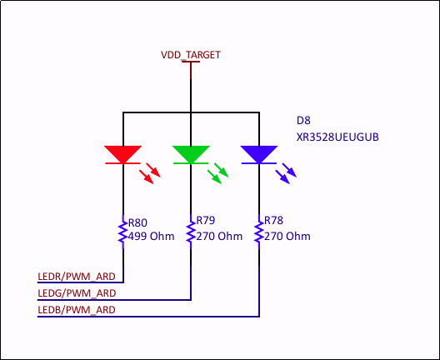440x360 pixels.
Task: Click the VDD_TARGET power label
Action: click(191, 54)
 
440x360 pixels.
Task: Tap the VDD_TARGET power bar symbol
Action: click(191, 62)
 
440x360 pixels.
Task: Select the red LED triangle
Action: click(122, 154)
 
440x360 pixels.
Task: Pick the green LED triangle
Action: click(191, 154)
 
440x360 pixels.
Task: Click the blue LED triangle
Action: click(258, 154)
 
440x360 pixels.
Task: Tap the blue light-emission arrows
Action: click(287, 172)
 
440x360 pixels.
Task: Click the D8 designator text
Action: click(303, 120)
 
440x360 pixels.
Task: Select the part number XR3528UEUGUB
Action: click(337, 137)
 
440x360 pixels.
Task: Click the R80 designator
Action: click(137, 222)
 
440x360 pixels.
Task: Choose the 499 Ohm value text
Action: click(151, 236)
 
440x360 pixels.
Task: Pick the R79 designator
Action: click(205, 222)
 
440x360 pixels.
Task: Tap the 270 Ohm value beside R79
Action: click(219, 236)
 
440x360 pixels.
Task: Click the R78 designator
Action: click(273, 222)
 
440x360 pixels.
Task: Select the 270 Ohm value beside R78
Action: click(287, 236)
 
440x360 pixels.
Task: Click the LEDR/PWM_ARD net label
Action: click(77, 276)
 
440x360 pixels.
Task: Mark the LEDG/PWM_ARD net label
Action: click(77, 292)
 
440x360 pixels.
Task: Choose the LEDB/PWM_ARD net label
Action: click(77, 309)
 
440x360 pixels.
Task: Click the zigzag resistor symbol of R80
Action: click(122, 232)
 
